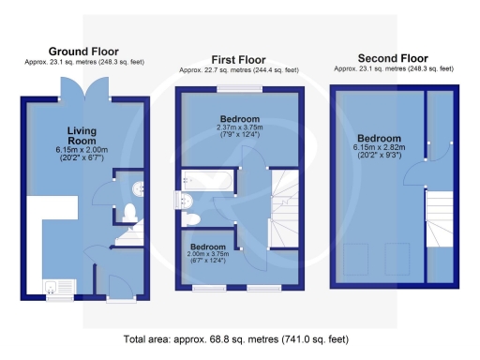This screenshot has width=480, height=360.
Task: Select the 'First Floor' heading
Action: [x=240, y=59]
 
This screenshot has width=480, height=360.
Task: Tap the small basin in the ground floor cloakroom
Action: [x=137, y=185]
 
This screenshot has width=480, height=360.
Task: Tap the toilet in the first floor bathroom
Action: [x=193, y=218]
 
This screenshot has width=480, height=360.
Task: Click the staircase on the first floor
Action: [x=284, y=202]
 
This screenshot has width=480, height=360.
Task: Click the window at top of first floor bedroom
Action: [x=238, y=90]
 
